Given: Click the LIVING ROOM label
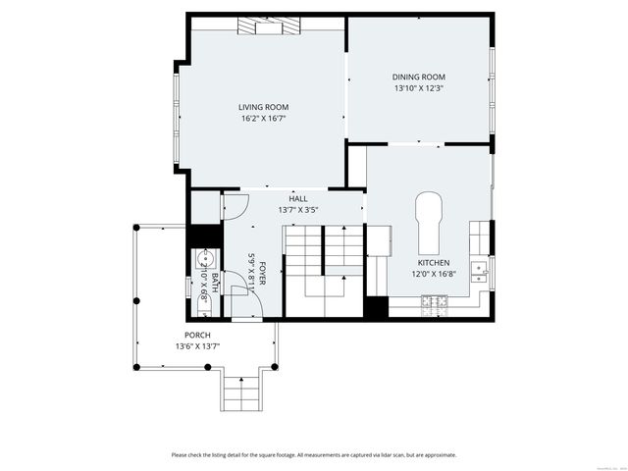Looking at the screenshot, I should tap(263, 107).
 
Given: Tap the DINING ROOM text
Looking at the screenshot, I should tap(419, 77).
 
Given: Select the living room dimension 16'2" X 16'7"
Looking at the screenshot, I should tap(263, 119).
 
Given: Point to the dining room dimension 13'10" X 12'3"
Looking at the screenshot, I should tap(419, 88).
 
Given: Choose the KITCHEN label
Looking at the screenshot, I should tap(434, 263).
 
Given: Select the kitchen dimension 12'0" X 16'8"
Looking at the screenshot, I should tap(434, 275).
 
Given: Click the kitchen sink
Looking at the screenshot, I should tap(479, 267).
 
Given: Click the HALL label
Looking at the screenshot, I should tap(298, 198).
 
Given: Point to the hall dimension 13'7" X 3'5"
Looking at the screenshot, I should tap(298, 209).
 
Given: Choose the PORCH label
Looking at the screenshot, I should tap(197, 335).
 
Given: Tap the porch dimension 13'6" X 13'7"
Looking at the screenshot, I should tap(197, 345).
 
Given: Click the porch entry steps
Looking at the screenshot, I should tap(240, 392).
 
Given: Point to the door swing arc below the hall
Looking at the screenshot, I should tap(236, 206).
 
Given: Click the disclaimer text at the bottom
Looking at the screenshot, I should tap(314, 454).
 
